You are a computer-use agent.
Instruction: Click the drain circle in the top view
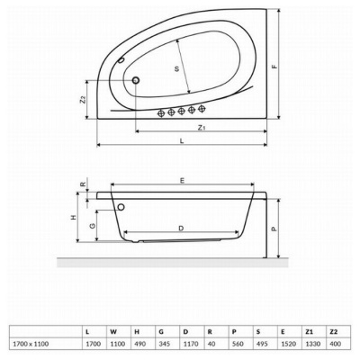[x=136, y=80]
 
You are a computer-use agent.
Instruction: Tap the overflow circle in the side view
[x=121, y=207]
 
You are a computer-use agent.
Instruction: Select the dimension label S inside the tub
[x=176, y=68]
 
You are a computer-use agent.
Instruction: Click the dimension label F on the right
[x=275, y=67]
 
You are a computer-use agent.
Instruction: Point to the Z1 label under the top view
[x=202, y=128]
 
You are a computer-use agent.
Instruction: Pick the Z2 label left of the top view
[x=83, y=100]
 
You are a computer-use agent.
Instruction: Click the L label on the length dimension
[x=182, y=140]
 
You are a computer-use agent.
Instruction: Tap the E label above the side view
[x=182, y=180]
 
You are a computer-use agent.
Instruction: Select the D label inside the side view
[x=181, y=229]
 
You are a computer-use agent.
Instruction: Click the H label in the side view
[x=74, y=217]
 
